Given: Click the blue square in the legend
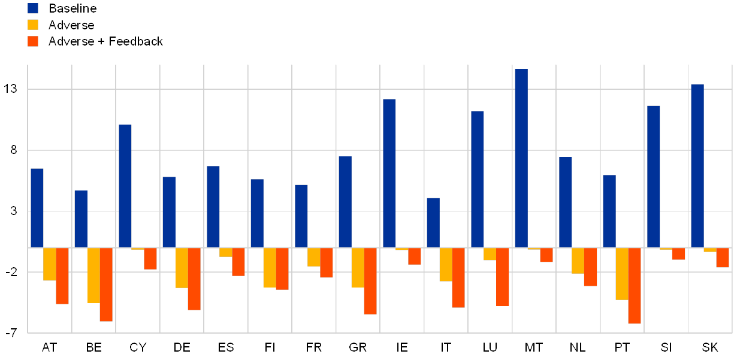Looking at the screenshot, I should [x=33, y=8].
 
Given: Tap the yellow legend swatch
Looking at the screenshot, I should [x=33, y=25].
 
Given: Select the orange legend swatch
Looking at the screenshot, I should [x=33, y=41].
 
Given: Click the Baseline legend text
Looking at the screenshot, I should [x=73, y=8].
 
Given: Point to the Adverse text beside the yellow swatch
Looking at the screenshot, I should [x=71, y=25].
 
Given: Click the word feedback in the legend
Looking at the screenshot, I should [x=139, y=41].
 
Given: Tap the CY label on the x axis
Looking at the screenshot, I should [x=138, y=347].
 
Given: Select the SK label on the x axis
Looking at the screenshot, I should [x=710, y=347].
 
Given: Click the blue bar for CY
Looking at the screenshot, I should [x=125, y=186].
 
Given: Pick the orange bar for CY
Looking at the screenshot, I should [x=150, y=259].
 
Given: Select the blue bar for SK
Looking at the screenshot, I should [x=697, y=165].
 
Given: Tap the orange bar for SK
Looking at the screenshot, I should [x=723, y=258].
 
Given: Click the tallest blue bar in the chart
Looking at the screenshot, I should [x=521, y=158].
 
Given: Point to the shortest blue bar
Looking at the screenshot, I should [x=433, y=222].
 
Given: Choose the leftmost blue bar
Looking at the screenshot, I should [x=37, y=208].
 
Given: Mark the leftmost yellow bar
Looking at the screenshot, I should [x=49, y=264].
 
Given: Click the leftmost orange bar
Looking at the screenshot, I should [x=62, y=276].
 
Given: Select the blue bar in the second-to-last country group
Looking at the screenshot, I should [x=654, y=176].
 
